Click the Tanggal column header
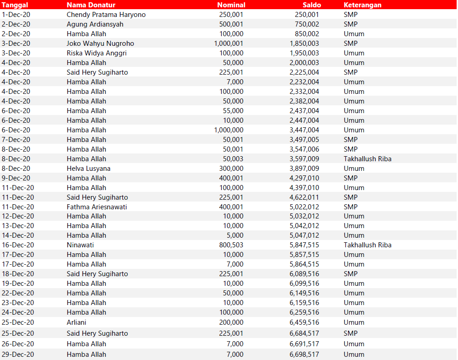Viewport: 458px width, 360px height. click(15, 5)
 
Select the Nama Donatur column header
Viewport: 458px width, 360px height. click(91, 5)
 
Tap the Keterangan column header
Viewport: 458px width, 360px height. click(362, 5)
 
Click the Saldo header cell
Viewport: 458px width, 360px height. click(311, 5)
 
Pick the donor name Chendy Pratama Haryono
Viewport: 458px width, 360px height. click(106, 15)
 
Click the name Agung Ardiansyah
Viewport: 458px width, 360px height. click(95, 24)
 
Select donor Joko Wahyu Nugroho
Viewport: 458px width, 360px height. click(100, 44)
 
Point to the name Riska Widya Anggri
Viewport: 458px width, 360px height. click(97, 53)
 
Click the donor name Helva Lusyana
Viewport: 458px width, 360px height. click(88, 169)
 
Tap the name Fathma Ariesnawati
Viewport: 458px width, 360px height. click(97, 207)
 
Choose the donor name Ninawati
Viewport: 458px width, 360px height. click(80, 245)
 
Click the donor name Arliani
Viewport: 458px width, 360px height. click(76, 322)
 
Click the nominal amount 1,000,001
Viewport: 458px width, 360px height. click(229, 44)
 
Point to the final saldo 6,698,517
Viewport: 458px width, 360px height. click(304, 355)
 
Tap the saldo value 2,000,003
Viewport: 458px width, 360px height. click(304, 63)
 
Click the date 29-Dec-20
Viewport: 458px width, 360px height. click(18, 355)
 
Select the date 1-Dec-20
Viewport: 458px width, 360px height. click(16, 15)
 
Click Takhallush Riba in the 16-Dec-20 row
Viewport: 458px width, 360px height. click(367, 245)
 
